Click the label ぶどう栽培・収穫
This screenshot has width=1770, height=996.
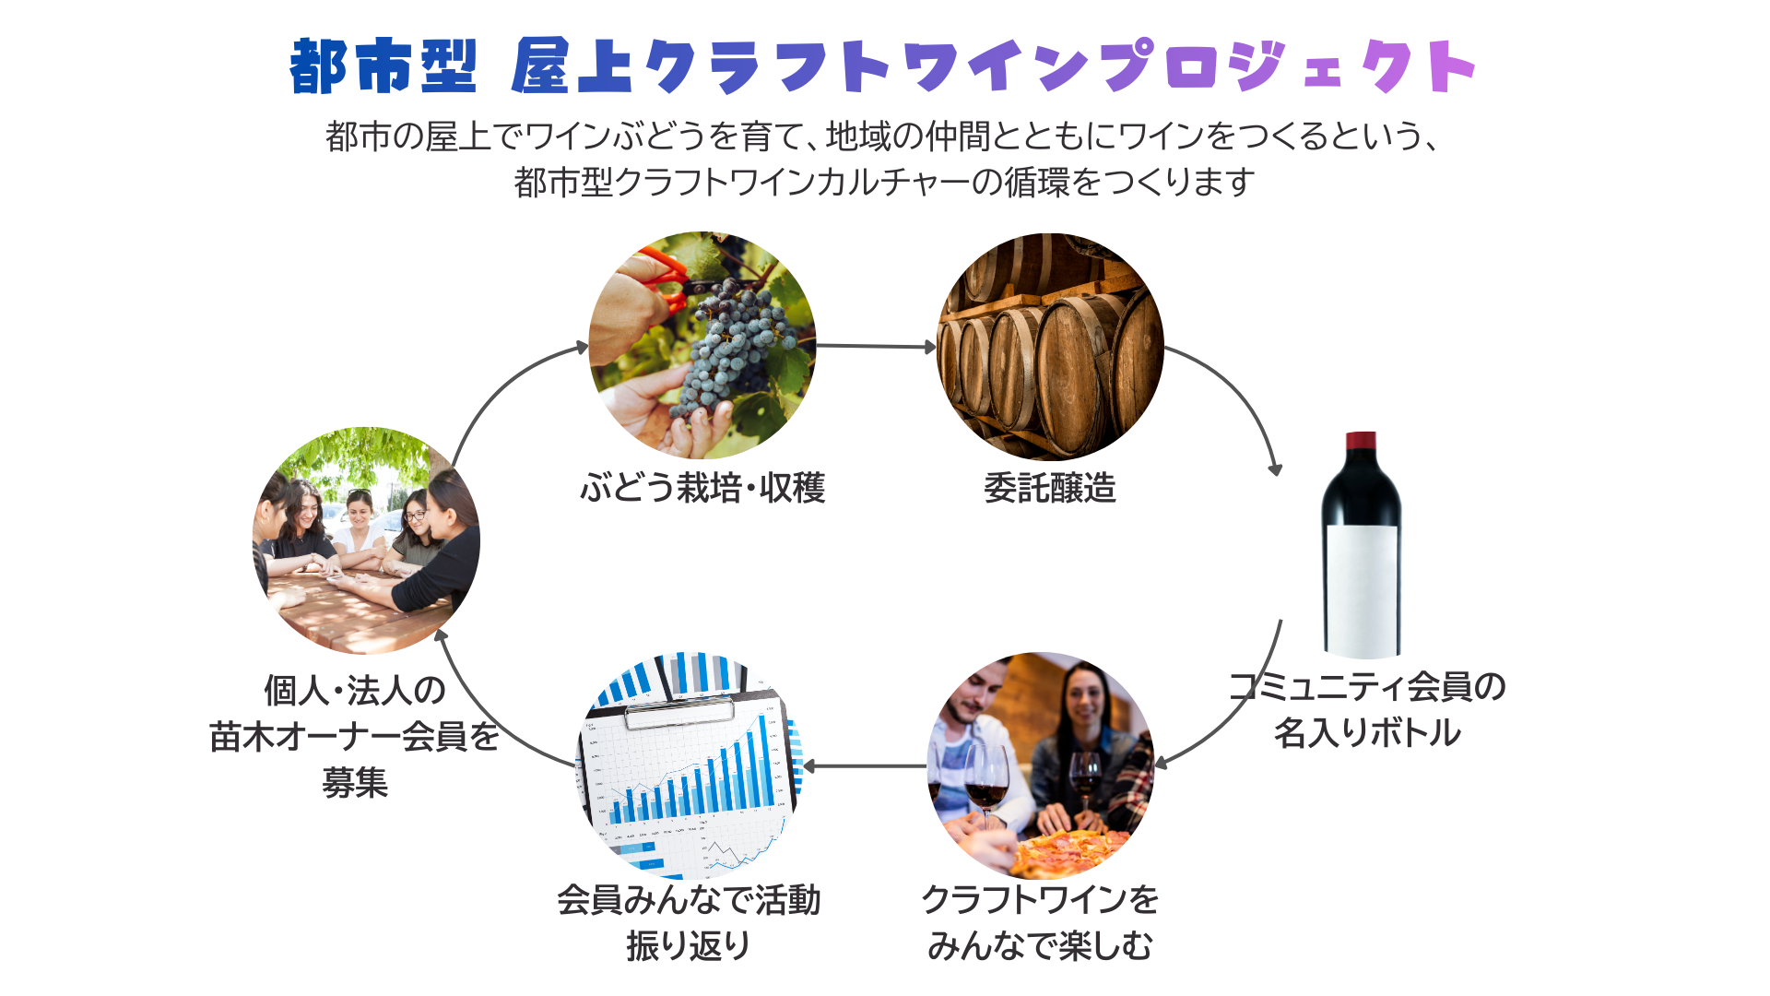click(x=702, y=488)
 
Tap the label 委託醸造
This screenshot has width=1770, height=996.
click(x=1049, y=488)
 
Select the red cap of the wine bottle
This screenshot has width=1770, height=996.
click(x=1361, y=441)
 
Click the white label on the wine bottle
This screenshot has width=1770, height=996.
click(x=1362, y=590)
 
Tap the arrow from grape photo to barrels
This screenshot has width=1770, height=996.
click(x=875, y=347)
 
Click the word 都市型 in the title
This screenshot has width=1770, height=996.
click(x=383, y=66)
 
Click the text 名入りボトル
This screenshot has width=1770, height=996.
click(x=1367, y=733)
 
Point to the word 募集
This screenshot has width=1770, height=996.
click(x=355, y=783)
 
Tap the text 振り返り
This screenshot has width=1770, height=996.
click(x=689, y=945)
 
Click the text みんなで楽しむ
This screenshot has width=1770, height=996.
click(x=1040, y=945)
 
